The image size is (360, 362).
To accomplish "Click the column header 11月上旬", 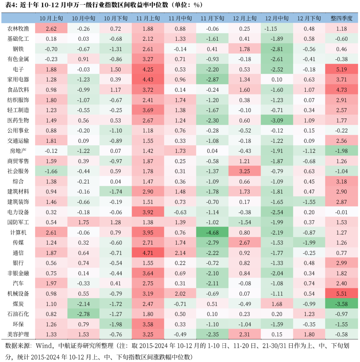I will pos(148,18).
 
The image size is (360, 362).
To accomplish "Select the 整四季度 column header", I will pos(342,18).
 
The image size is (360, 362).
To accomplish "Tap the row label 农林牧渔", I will pos(18,29).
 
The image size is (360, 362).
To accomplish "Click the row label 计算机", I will pos(16,232).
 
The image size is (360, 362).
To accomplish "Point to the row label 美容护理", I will pos(18,334).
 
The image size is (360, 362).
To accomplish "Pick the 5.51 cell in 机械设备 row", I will pos(342,294).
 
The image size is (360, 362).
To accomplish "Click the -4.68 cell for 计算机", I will pos(212,232).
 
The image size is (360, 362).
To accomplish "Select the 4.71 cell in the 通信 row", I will pos(148,253).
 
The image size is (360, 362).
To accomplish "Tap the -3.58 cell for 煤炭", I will pos(342,304).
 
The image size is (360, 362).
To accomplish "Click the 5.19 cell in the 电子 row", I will pos(342,69).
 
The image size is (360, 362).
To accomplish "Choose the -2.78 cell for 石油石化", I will pos(83,314).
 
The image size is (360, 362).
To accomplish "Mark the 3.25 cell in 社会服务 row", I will pos(245,171).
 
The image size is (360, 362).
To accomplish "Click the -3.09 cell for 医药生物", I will pos(277,120).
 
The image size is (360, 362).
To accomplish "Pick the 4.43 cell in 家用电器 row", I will pos(148,79).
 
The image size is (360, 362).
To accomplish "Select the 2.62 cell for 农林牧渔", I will pos(51,29).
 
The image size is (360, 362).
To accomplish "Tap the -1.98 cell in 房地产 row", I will pos(342,151).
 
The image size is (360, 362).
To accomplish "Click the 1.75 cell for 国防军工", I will pos(83,222).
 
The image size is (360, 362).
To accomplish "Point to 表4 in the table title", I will pos(9,5).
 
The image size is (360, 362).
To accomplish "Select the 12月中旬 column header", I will pos(277,18).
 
